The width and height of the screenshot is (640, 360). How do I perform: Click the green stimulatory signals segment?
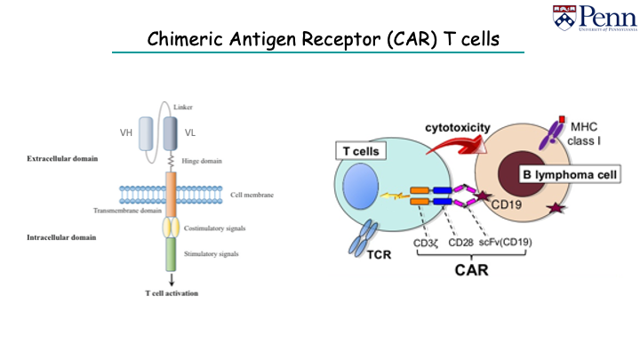(x=171, y=254)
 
